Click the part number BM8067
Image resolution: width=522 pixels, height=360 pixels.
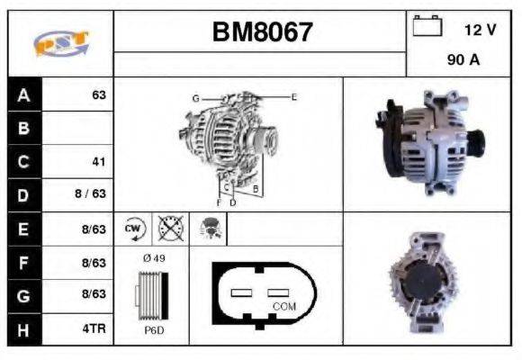(262, 33)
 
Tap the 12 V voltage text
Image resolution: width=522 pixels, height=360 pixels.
(480, 30)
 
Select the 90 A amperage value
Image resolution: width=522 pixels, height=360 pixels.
(463, 60)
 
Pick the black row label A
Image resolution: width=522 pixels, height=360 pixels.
(23, 94)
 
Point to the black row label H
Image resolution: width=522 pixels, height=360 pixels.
(23, 329)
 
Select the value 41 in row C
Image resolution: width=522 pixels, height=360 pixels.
(99, 162)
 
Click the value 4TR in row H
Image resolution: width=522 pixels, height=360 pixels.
(94, 329)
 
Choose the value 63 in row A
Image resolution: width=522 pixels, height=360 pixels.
(99, 94)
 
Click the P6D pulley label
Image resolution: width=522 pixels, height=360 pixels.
(153, 329)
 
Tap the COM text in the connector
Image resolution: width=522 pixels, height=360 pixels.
(283, 306)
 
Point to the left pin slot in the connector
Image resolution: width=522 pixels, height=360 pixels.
(244, 292)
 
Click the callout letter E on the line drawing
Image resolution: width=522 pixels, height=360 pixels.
(293, 95)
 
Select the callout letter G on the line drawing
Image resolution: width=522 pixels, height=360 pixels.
(194, 97)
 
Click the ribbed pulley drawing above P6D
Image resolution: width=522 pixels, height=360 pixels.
(151, 294)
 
